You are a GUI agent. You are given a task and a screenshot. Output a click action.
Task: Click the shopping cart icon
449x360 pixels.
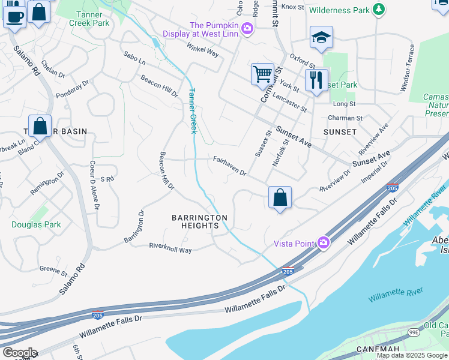[262, 75]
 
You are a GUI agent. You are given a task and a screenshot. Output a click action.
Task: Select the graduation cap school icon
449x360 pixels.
[321, 38]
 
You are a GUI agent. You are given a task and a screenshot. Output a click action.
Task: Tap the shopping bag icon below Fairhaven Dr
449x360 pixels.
[280, 197]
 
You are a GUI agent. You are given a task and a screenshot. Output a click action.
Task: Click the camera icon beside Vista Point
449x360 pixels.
[324, 242]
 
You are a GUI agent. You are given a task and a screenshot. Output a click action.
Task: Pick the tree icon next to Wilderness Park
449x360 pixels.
[378, 9]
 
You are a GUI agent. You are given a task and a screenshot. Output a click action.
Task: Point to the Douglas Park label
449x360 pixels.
[36, 224]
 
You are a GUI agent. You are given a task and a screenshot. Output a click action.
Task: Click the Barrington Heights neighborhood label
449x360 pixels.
[199, 221]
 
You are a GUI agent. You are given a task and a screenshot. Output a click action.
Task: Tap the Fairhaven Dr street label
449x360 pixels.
[230, 166]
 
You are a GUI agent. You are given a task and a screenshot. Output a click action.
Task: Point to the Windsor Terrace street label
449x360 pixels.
[406, 68]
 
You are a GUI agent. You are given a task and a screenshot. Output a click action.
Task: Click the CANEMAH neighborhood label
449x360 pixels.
[378, 349]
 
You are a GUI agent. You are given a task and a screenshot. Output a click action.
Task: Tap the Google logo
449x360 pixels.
[19, 353]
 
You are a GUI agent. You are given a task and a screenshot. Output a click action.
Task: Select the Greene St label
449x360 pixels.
[53, 272]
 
